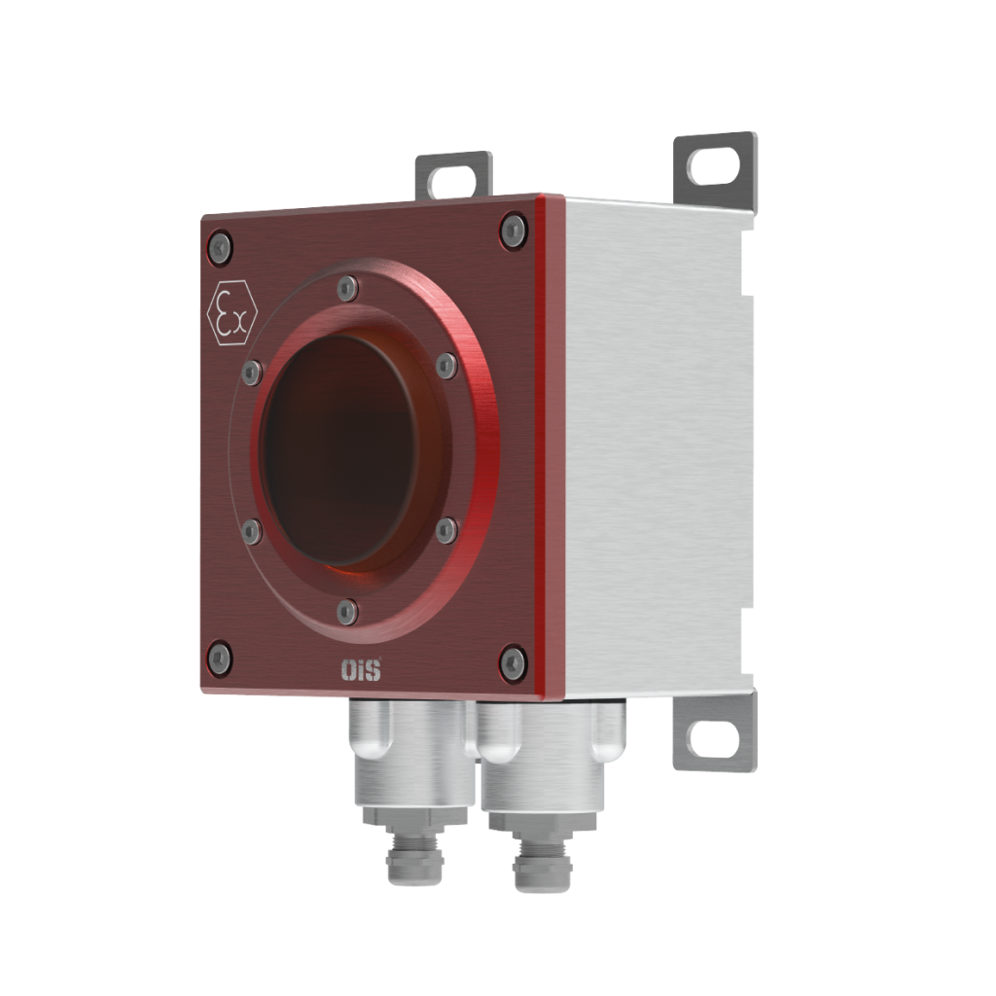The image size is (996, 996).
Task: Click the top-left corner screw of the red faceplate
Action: (x=221, y=247)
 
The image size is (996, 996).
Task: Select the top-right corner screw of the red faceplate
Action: (x=514, y=231)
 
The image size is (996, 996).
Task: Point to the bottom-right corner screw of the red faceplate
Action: (x=513, y=663)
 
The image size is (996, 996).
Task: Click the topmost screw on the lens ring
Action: (x=347, y=289)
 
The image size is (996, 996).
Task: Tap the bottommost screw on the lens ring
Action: (x=347, y=612)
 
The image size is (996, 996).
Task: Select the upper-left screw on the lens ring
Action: (x=252, y=371)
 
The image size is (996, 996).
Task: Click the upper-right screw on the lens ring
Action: (x=445, y=366)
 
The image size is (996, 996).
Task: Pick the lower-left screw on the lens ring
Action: (x=252, y=531)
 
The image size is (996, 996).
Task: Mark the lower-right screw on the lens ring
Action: (x=445, y=530)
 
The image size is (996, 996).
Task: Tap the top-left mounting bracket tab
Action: (x=453, y=175)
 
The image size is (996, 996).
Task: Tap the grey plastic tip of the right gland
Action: (x=540, y=871)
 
